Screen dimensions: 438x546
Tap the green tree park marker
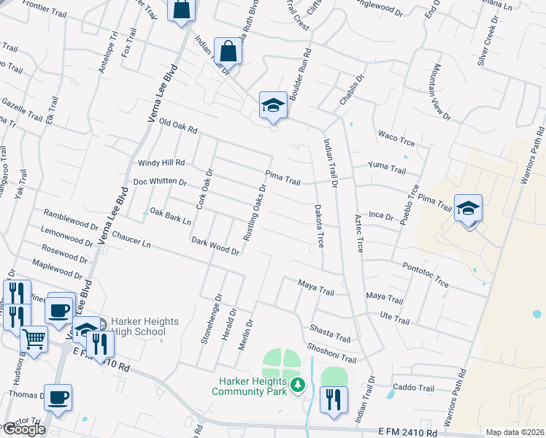(297, 385)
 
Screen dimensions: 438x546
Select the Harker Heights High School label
(139, 326)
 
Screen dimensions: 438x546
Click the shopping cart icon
(33, 338)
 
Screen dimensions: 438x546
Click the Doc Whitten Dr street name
(160, 182)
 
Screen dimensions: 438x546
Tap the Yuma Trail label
(387, 167)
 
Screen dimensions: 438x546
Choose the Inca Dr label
(382, 215)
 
